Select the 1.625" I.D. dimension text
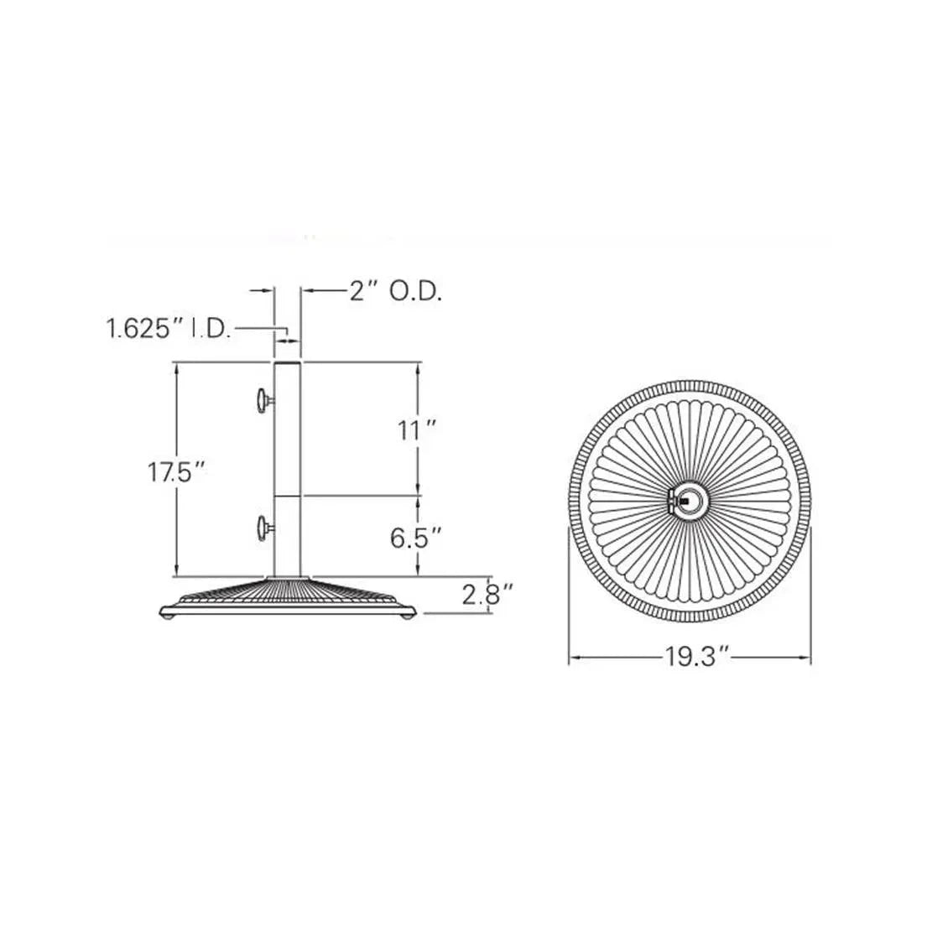[x=169, y=329]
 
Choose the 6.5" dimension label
[x=415, y=538]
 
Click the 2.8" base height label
[x=487, y=595]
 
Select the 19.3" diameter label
[x=698, y=656]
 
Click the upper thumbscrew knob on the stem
[x=263, y=401]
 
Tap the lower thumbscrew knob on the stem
[x=263, y=528]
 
